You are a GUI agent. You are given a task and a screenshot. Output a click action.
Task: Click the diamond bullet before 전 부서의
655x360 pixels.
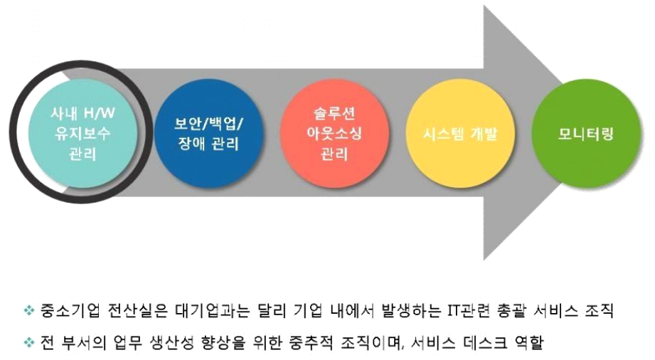click(29, 343)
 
